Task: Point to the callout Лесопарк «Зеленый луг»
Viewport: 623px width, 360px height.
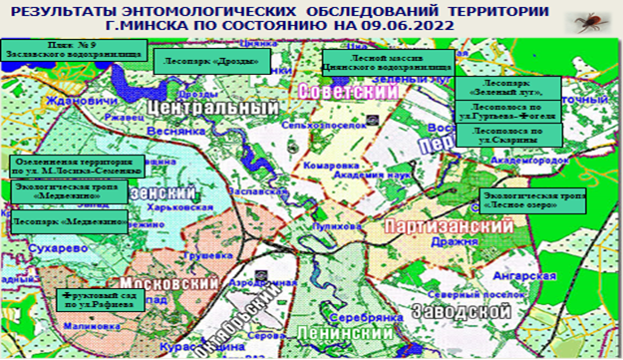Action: tap(508, 88)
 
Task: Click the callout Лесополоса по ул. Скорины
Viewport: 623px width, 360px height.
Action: tap(508, 135)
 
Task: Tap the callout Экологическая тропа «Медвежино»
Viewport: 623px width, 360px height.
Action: tap(70, 190)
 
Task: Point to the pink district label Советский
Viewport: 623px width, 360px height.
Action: tap(348, 91)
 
